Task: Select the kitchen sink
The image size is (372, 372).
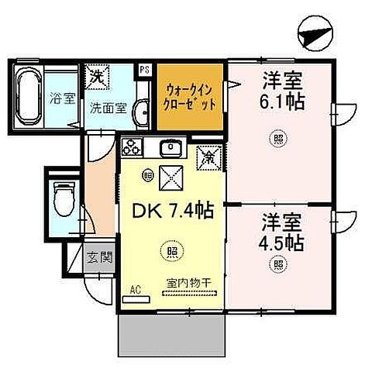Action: (170, 147)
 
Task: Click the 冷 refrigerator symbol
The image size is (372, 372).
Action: (208, 155)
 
